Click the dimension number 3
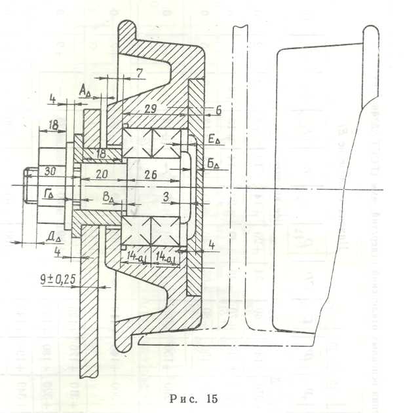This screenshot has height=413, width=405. pyautogui.click(x=168, y=196)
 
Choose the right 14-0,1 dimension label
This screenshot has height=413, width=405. pyautogui.click(x=165, y=255)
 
